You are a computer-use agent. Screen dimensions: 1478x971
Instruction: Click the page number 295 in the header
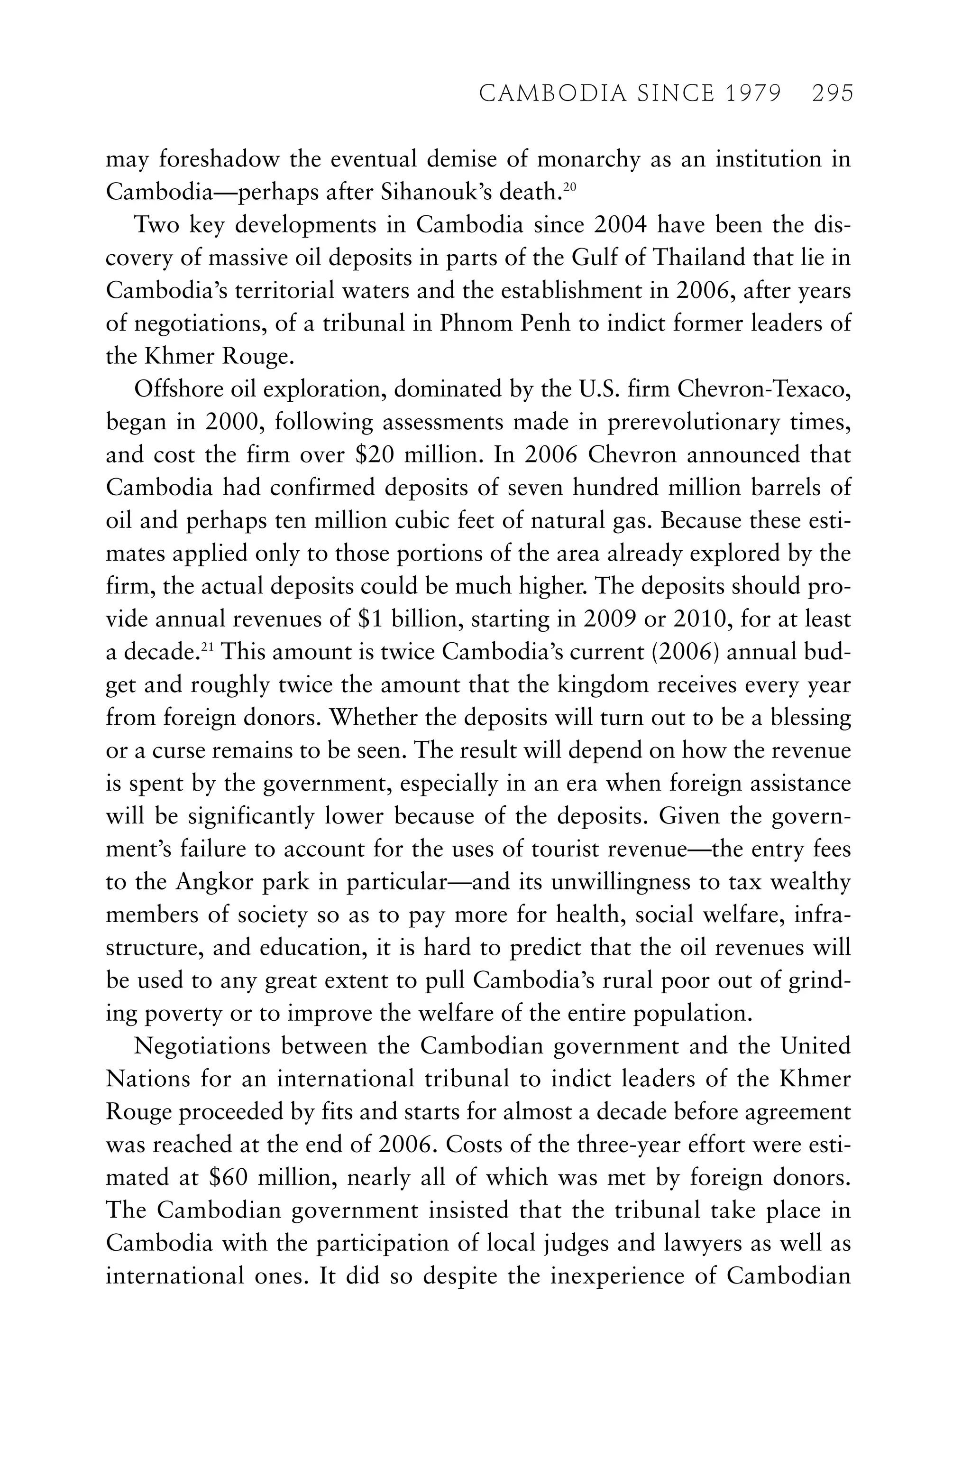[x=832, y=93]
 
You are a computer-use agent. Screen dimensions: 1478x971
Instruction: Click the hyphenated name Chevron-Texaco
[x=764, y=389]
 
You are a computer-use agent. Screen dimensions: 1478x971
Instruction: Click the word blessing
[x=810, y=718]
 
